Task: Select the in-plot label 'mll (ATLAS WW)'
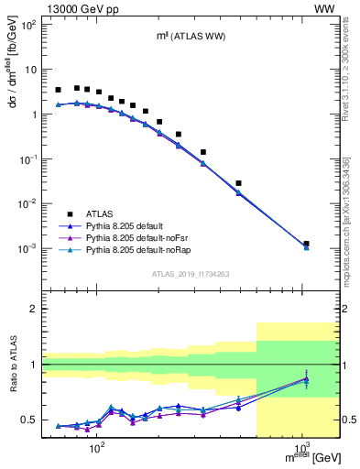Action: click(x=190, y=36)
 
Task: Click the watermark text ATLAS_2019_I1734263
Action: click(x=190, y=274)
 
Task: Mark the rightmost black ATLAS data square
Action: click(x=306, y=244)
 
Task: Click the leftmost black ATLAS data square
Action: click(x=59, y=90)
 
